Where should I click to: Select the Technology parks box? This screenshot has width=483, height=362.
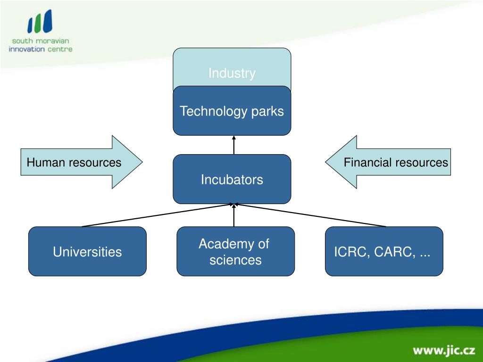pyautogui.click(x=232, y=111)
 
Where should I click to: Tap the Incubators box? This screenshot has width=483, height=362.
pyautogui.click(x=232, y=179)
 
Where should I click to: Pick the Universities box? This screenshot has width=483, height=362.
pyautogui.click(x=87, y=252)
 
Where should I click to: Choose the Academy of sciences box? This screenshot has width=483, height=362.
pyautogui.click(x=235, y=251)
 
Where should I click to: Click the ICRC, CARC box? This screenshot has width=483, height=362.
pyautogui.click(x=383, y=251)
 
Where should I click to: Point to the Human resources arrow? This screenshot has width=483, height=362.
pyautogui.click(x=80, y=163)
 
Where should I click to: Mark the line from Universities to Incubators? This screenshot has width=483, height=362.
pyautogui.click(x=158, y=215)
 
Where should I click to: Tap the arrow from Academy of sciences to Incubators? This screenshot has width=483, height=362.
pyautogui.click(x=234, y=215)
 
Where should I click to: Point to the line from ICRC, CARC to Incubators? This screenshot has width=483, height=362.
pyautogui.click(x=311, y=215)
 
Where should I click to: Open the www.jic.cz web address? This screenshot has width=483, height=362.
pyautogui.click(x=443, y=350)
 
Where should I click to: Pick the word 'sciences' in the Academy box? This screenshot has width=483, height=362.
pyautogui.click(x=235, y=260)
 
